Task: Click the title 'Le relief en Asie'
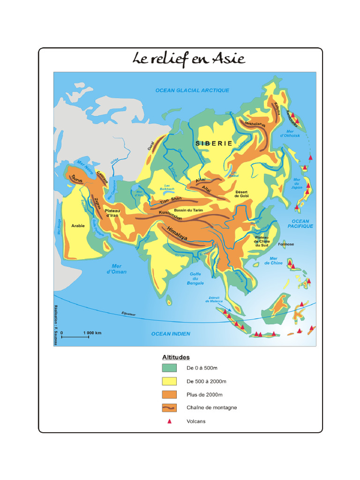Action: coord(189,59)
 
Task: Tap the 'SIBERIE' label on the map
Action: coord(214,143)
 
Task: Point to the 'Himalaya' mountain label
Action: coord(177,233)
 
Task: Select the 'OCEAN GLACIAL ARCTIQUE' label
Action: coord(192,90)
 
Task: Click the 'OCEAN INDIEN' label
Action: coord(171,334)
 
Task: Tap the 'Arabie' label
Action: coord(78,226)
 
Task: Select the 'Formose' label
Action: coord(286,244)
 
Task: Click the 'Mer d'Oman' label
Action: coord(117,269)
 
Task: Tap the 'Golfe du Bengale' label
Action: coord(197,278)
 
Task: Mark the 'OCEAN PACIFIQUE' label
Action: coord(300,224)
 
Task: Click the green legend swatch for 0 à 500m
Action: coord(169,368)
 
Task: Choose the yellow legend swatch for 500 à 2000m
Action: coord(169,381)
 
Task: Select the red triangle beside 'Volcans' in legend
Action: coord(170,421)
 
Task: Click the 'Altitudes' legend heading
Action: coord(176,357)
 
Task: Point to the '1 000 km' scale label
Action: coord(92,333)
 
